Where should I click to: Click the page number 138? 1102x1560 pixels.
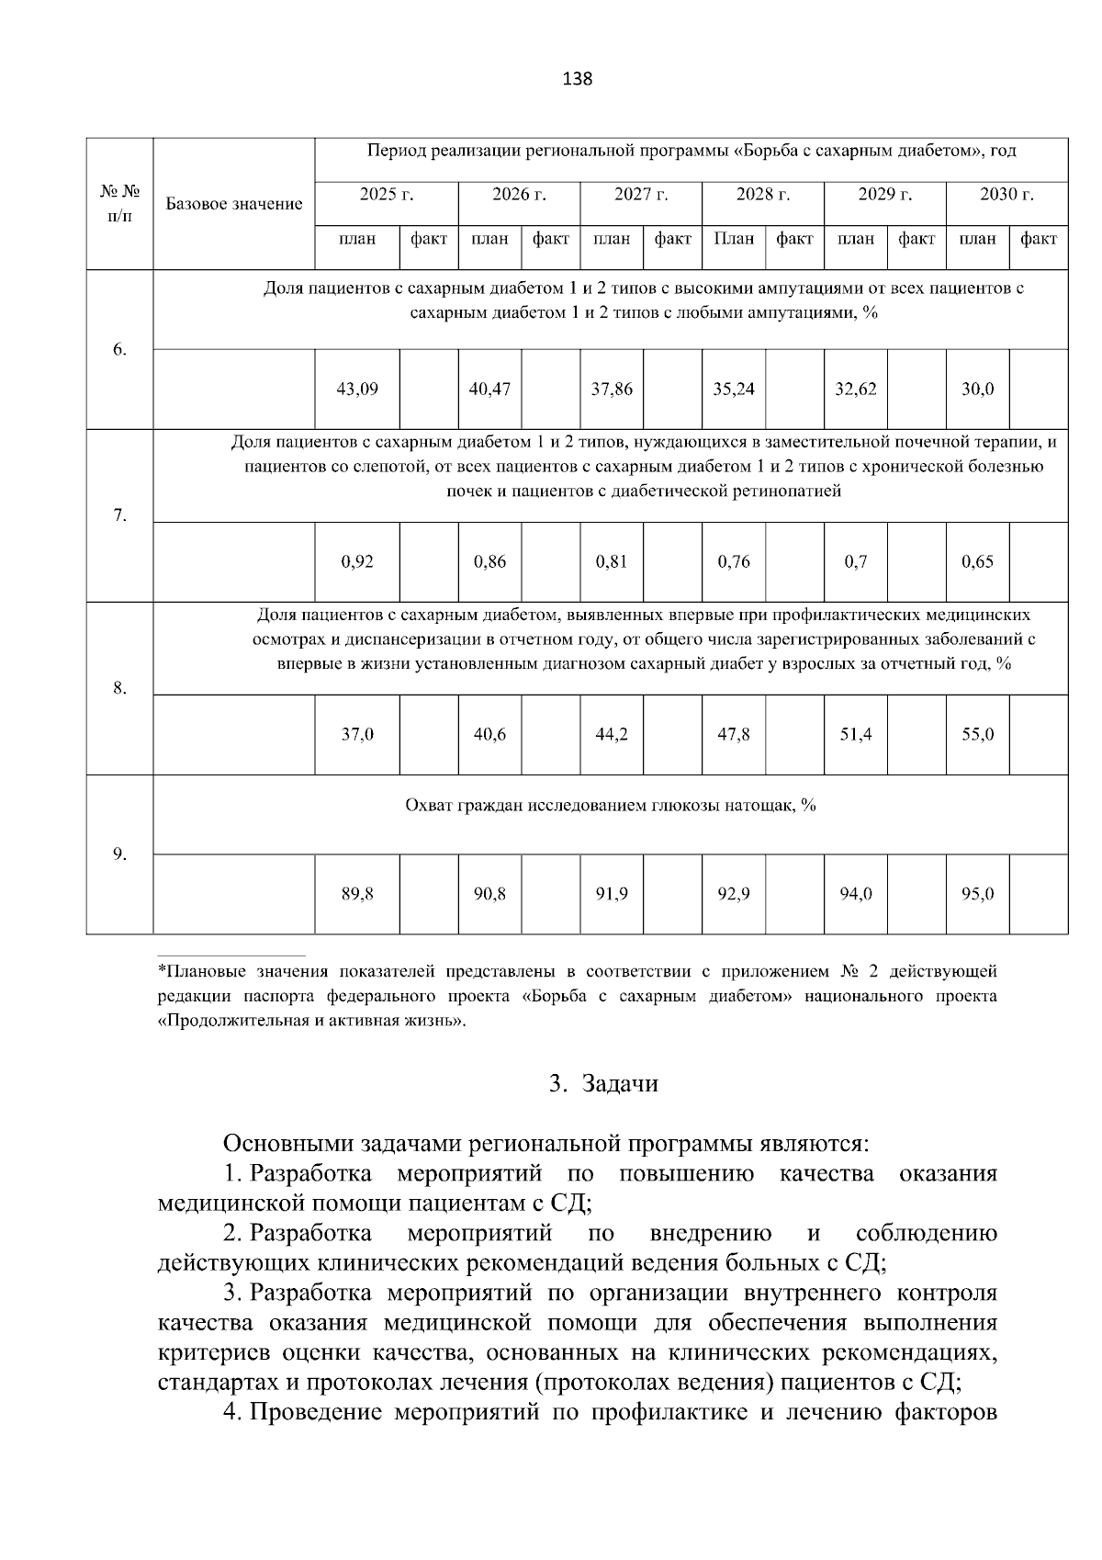tap(577, 79)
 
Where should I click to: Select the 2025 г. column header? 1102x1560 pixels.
tap(387, 195)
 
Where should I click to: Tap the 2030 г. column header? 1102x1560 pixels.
tap(1006, 195)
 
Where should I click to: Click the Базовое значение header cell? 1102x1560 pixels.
tap(234, 204)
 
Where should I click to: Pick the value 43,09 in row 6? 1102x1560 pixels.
tap(357, 389)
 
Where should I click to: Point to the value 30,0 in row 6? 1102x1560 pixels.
tap(977, 389)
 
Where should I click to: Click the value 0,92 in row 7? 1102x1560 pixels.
tap(357, 562)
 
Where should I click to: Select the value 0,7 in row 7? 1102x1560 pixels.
tap(855, 562)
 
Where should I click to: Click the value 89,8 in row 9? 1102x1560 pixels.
tap(357, 894)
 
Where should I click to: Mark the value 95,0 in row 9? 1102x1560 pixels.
tap(977, 894)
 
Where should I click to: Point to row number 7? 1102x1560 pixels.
tap(119, 515)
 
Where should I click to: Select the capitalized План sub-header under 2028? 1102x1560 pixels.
tap(734, 240)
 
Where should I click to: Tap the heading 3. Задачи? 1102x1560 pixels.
tap(603, 1084)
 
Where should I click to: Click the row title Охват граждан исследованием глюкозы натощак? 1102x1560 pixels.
tap(611, 806)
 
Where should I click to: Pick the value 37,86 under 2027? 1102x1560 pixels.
tap(611, 389)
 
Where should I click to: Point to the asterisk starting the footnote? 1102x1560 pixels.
tap(162, 970)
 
